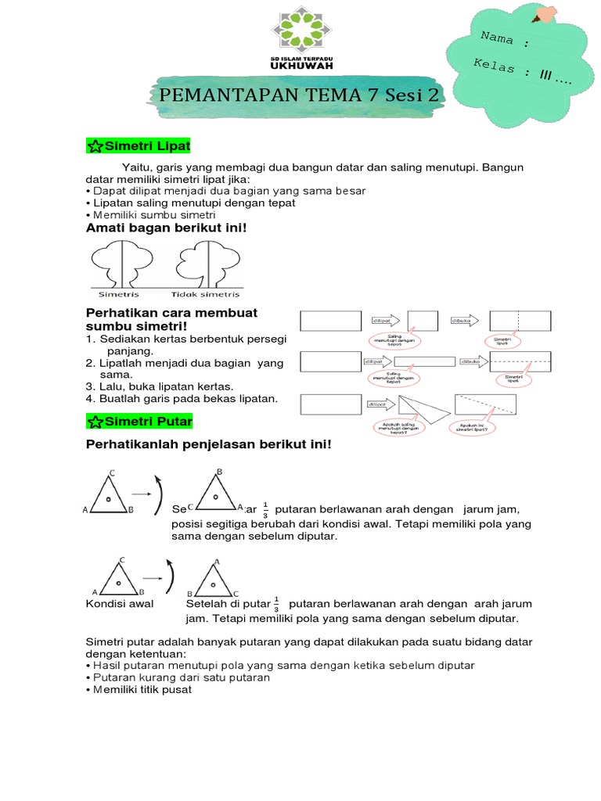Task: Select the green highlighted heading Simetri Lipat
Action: [x=138, y=146]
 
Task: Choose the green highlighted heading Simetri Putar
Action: [x=139, y=422]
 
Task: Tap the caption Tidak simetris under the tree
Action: [x=205, y=295]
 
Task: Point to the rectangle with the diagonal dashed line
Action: [x=486, y=403]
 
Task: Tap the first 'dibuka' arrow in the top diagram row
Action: [x=466, y=321]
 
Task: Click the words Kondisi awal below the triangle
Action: [x=120, y=604]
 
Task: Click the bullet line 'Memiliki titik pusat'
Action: [x=141, y=690]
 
